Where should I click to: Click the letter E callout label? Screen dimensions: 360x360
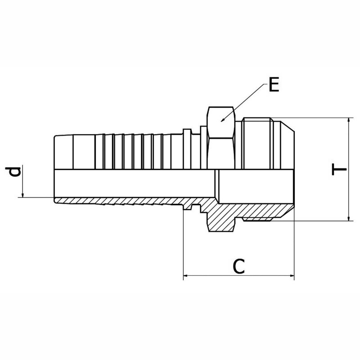274,85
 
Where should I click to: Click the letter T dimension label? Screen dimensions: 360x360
339,169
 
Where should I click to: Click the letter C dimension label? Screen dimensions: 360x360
239,266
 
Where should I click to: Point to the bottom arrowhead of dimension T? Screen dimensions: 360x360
349,218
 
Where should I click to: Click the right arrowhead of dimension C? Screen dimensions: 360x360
291,275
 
